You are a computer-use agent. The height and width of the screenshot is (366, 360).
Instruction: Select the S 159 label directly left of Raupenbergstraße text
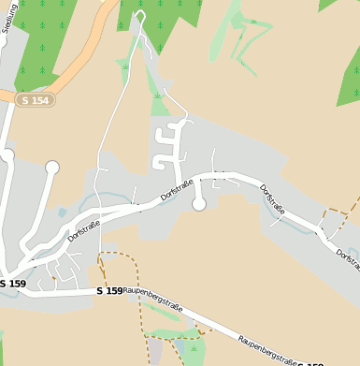[x=109, y=291]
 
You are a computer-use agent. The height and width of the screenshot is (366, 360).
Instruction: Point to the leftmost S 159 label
[x=12, y=283]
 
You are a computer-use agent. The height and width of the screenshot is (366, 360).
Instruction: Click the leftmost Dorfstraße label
[x=85, y=228]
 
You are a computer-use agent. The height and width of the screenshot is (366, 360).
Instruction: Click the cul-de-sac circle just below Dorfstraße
[x=198, y=204]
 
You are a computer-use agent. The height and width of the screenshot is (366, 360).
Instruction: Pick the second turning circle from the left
[x=52, y=168]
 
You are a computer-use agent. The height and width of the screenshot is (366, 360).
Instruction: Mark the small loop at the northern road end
[x=140, y=16]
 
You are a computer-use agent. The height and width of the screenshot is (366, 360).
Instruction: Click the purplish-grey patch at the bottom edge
[x=155, y=353]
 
